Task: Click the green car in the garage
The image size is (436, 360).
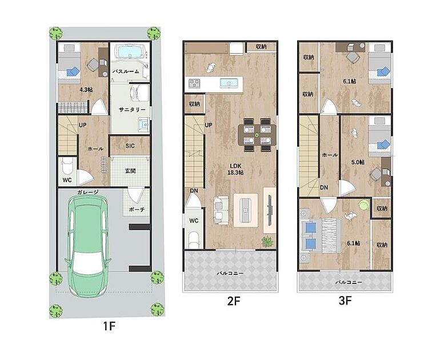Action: [x=87, y=246]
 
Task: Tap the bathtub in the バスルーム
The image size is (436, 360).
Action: [x=132, y=51]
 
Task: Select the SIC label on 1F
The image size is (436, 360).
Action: [x=130, y=146]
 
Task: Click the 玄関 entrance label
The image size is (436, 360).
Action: [x=130, y=171]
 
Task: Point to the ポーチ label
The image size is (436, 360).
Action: [x=137, y=210]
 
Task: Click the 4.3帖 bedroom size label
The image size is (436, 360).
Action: [x=86, y=90]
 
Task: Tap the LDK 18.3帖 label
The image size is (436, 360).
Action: [x=235, y=169]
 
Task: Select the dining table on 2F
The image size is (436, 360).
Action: [x=257, y=135]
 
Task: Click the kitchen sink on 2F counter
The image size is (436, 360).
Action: [x=229, y=83]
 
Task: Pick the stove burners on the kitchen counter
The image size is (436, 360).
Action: [x=194, y=83]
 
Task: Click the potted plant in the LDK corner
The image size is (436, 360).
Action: [x=267, y=241]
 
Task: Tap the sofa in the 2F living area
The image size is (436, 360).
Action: [x=221, y=210]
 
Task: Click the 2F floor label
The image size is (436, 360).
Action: [x=233, y=301]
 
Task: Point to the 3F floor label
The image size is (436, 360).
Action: [x=345, y=301]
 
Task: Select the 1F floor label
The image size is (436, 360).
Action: [x=109, y=326]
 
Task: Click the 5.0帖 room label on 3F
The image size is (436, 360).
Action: [x=358, y=162]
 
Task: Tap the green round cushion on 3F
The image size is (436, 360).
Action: [x=363, y=205]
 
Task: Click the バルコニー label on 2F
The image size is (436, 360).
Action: [x=230, y=273]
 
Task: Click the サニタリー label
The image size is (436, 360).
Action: [x=132, y=110]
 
